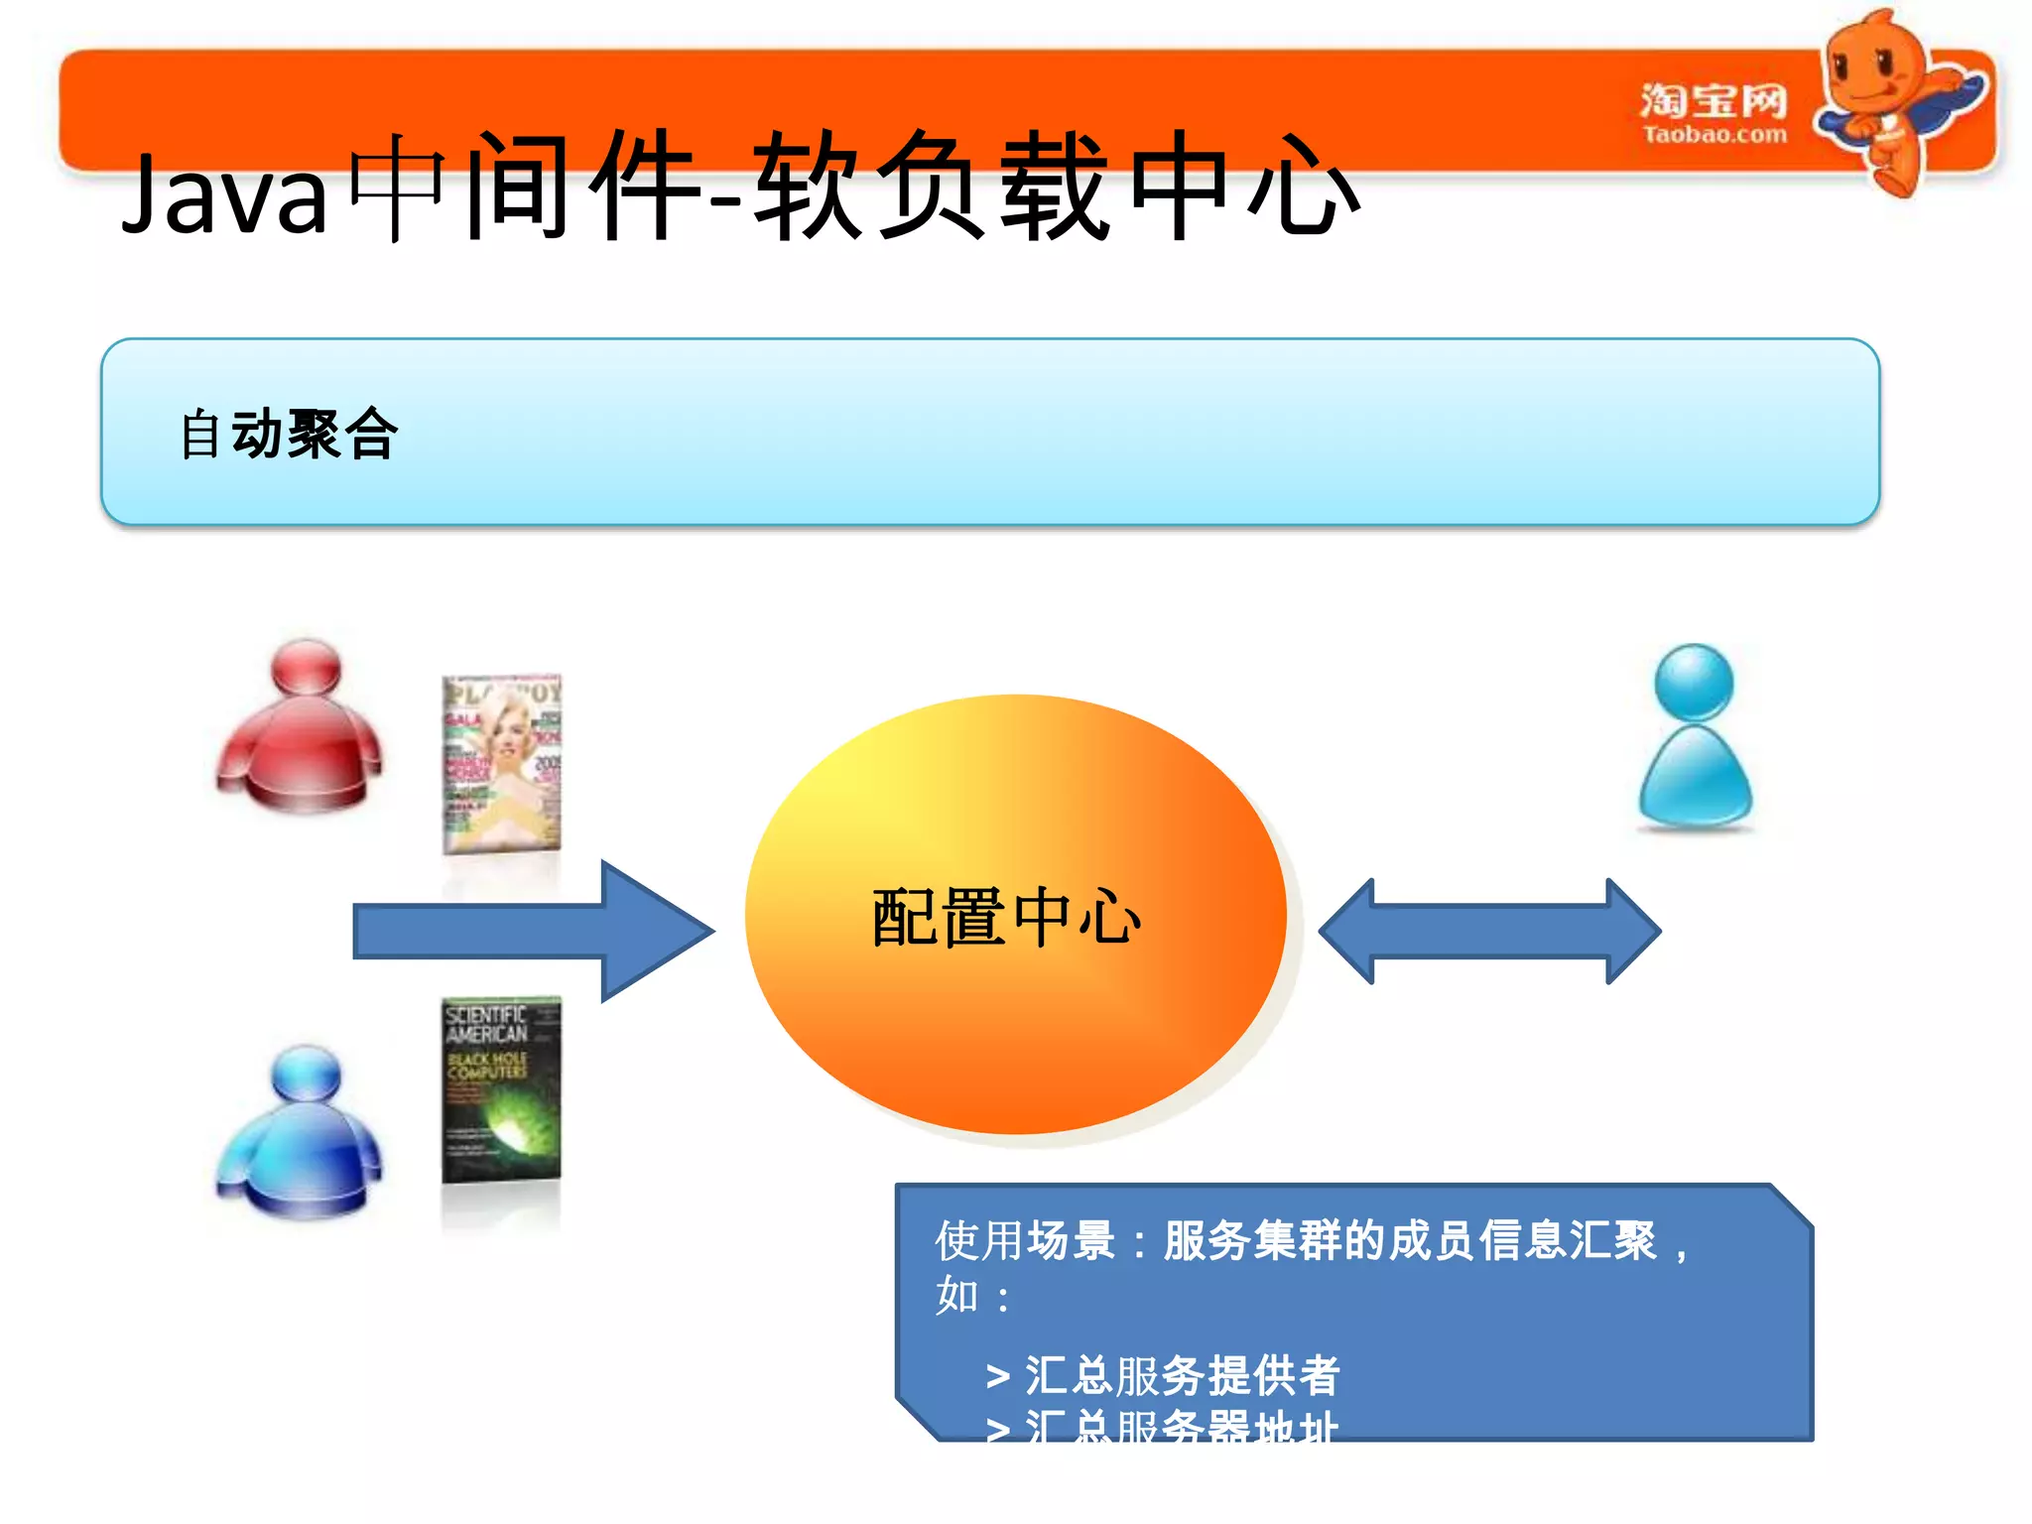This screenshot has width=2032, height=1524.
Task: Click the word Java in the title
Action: (224, 194)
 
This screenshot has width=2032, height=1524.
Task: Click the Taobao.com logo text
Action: (1714, 134)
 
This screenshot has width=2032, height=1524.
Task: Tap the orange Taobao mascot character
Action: (1890, 99)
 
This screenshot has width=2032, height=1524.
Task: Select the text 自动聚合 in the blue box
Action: (289, 434)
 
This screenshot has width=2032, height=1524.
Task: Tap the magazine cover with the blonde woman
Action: (501, 764)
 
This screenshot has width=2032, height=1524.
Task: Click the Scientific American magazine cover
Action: (501, 1089)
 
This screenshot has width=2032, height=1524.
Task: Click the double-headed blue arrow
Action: (1489, 931)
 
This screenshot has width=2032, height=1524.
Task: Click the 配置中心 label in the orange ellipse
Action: (1006, 917)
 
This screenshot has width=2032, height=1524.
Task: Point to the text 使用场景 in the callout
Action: (1026, 1240)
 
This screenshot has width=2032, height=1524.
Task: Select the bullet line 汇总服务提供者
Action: (1181, 1375)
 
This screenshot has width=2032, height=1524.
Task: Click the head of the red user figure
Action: (306, 666)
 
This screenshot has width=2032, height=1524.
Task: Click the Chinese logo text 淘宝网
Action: (1714, 100)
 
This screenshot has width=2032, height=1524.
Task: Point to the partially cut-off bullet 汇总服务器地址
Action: (1181, 1427)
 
